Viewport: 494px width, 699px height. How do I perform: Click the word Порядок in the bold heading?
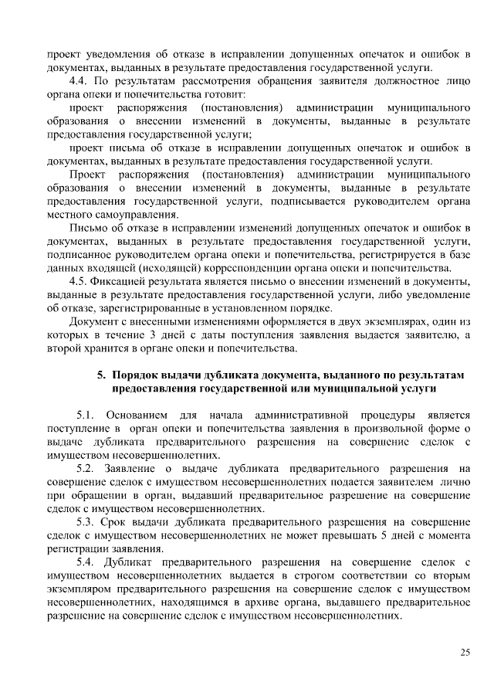coord(137,375)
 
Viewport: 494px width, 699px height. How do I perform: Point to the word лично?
coord(455,483)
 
